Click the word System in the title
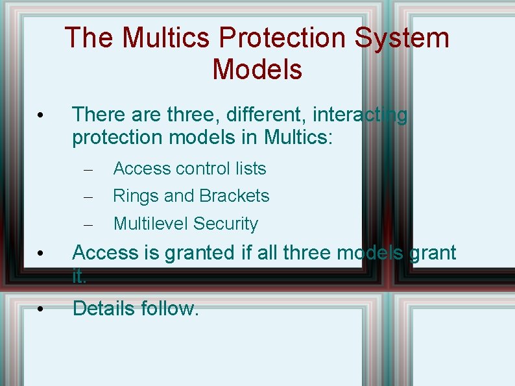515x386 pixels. click(402, 38)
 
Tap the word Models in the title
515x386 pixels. click(257, 69)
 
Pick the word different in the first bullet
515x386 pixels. click(265, 115)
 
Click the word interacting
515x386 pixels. click(361, 115)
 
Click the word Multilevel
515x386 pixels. click(150, 224)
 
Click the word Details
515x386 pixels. click(104, 308)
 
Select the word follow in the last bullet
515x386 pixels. click(170, 308)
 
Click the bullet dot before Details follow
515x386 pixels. click(40, 309)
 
